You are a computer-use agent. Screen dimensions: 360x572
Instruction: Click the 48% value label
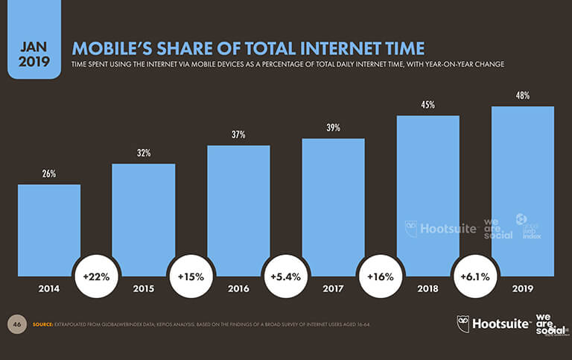tap(522, 95)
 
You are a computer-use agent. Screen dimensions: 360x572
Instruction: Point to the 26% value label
tap(49, 174)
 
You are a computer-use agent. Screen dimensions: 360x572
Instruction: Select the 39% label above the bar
tap(333, 128)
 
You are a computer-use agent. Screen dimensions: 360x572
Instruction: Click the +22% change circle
tap(96, 277)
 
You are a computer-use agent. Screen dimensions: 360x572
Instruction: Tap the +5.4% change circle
tap(286, 277)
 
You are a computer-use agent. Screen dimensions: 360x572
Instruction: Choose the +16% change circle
tap(381, 277)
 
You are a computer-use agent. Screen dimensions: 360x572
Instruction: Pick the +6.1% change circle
tap(475, 277)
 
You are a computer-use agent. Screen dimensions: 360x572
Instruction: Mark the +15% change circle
tap(191, 277)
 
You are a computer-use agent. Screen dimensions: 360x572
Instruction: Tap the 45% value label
tap(428, 105)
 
